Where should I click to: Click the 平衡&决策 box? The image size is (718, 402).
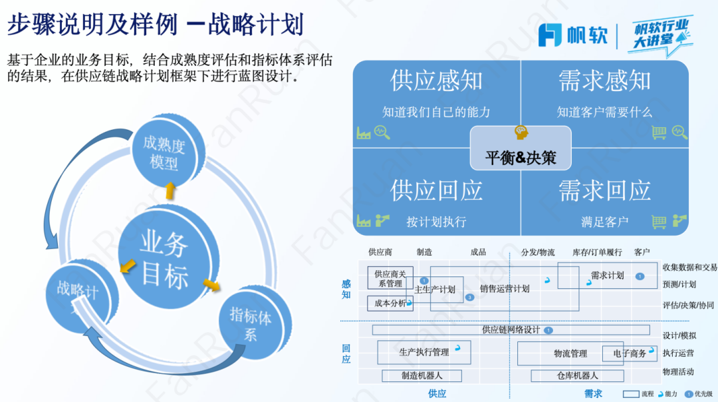click(520, 157)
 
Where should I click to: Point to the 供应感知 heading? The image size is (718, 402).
click(436, 81)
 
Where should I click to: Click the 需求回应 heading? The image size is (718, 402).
click(604, 191)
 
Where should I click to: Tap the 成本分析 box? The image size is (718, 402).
click(390, 303)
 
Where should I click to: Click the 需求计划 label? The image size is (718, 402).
click(607, 275)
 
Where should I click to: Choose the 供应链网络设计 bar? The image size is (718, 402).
click(511, 329)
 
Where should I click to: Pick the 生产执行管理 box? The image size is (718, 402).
click(424, 352)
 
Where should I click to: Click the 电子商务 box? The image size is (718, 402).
click(629, 353)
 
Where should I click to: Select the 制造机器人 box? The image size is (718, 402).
click(421, 376)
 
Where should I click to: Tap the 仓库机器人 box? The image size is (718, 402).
click(577, 376)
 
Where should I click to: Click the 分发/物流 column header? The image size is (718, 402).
click(538, 252)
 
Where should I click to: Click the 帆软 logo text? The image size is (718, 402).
click(586, 35)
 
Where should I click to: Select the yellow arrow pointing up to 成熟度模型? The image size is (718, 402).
click(170, 190)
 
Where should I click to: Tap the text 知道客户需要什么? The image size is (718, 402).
click(604, 112)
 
